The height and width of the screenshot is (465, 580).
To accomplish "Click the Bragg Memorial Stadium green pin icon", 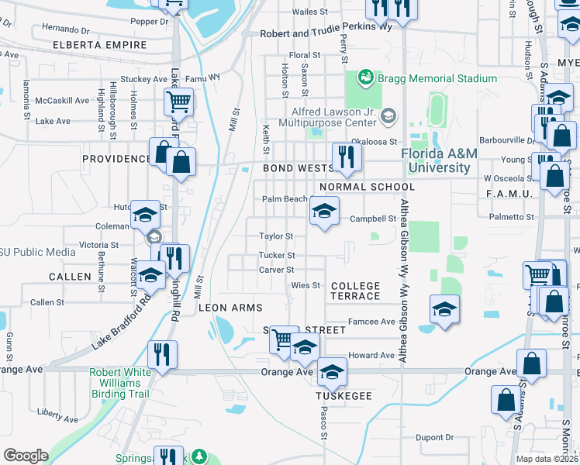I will [x=365, y=78].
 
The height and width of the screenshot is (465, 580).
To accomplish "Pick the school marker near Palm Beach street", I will [x=324, y=211].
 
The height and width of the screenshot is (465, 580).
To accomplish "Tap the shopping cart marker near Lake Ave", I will [x=178, y=102].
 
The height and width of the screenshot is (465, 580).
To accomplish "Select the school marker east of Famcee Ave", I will [x=444, y=309].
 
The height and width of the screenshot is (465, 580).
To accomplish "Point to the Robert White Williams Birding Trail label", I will [x=120, y=382].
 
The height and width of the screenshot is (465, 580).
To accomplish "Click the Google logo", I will [x=26, y=456].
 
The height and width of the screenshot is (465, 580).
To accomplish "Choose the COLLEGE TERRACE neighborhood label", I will [x=356, y=291].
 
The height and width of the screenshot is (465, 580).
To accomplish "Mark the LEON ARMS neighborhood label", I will [x=230, y=308].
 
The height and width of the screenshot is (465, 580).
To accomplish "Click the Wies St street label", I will [x=306, y=285].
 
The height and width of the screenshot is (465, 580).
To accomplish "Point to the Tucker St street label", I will [x=277, y=255].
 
